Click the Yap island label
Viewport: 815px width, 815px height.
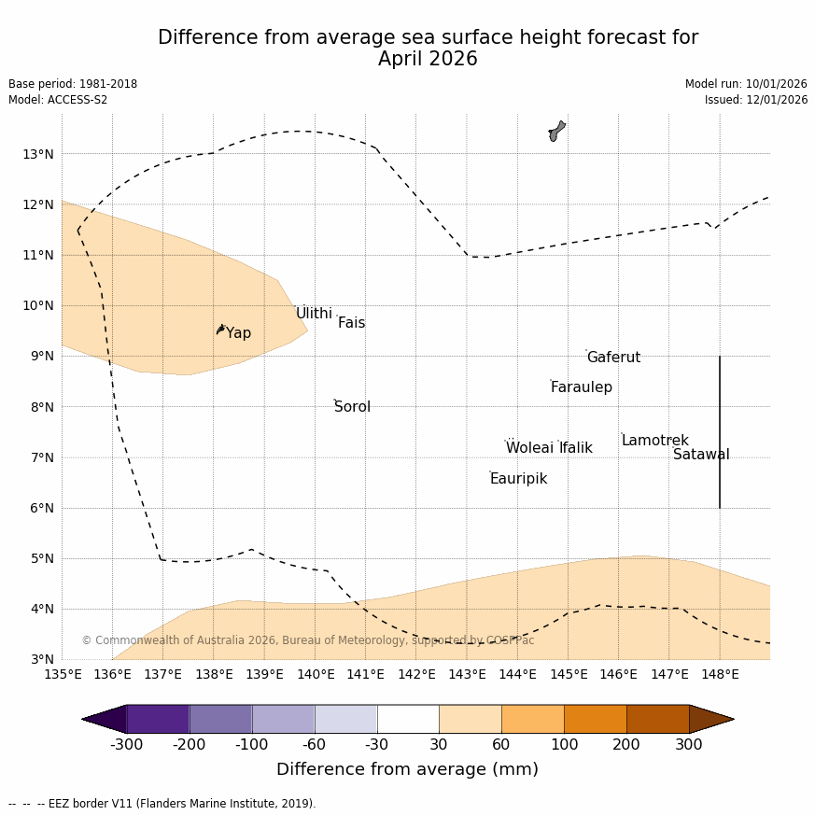(x=238, y=333)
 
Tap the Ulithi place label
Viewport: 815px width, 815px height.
(x=314, y=314)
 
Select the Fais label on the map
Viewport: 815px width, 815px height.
(x=351, y=323)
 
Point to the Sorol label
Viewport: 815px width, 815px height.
(x=352, y=407)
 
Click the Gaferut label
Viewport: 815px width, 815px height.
(x=613, y=358)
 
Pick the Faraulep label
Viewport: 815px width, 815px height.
(x=581, y=387)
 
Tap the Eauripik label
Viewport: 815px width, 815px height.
(x=518, y=479)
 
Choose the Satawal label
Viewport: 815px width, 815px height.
(x=701, y=455)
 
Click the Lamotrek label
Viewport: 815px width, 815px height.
(x=654, y=441)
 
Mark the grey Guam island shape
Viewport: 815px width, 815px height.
(x=556, y=130)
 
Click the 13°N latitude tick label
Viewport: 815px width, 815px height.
(x=37, y=154)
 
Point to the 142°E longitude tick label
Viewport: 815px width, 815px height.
(x=416, y=674)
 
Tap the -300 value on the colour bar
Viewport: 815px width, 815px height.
(x=126, y=744)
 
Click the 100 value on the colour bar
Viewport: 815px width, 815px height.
(x=564, y=744)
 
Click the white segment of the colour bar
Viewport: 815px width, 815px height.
(x=408, y=719)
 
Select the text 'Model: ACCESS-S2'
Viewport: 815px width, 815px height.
(x=58, y=100)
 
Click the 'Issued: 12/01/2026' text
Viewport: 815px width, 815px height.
(x=756, y=100)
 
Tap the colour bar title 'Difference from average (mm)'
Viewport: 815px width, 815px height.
(x=407, y=769)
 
